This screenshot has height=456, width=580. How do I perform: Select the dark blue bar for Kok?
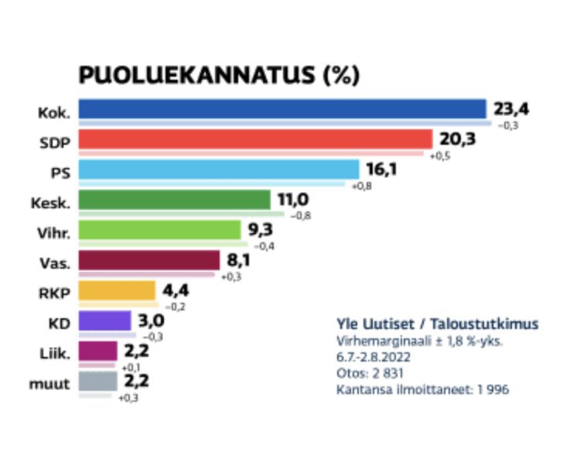[x=282, y=109]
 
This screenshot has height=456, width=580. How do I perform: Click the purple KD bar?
[x=105, y=321]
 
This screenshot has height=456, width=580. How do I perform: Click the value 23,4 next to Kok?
[x=513, y=109]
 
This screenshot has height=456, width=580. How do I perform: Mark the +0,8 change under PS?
[x=362, y=186]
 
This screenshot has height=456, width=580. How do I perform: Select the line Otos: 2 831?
[x=370, y=373]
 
